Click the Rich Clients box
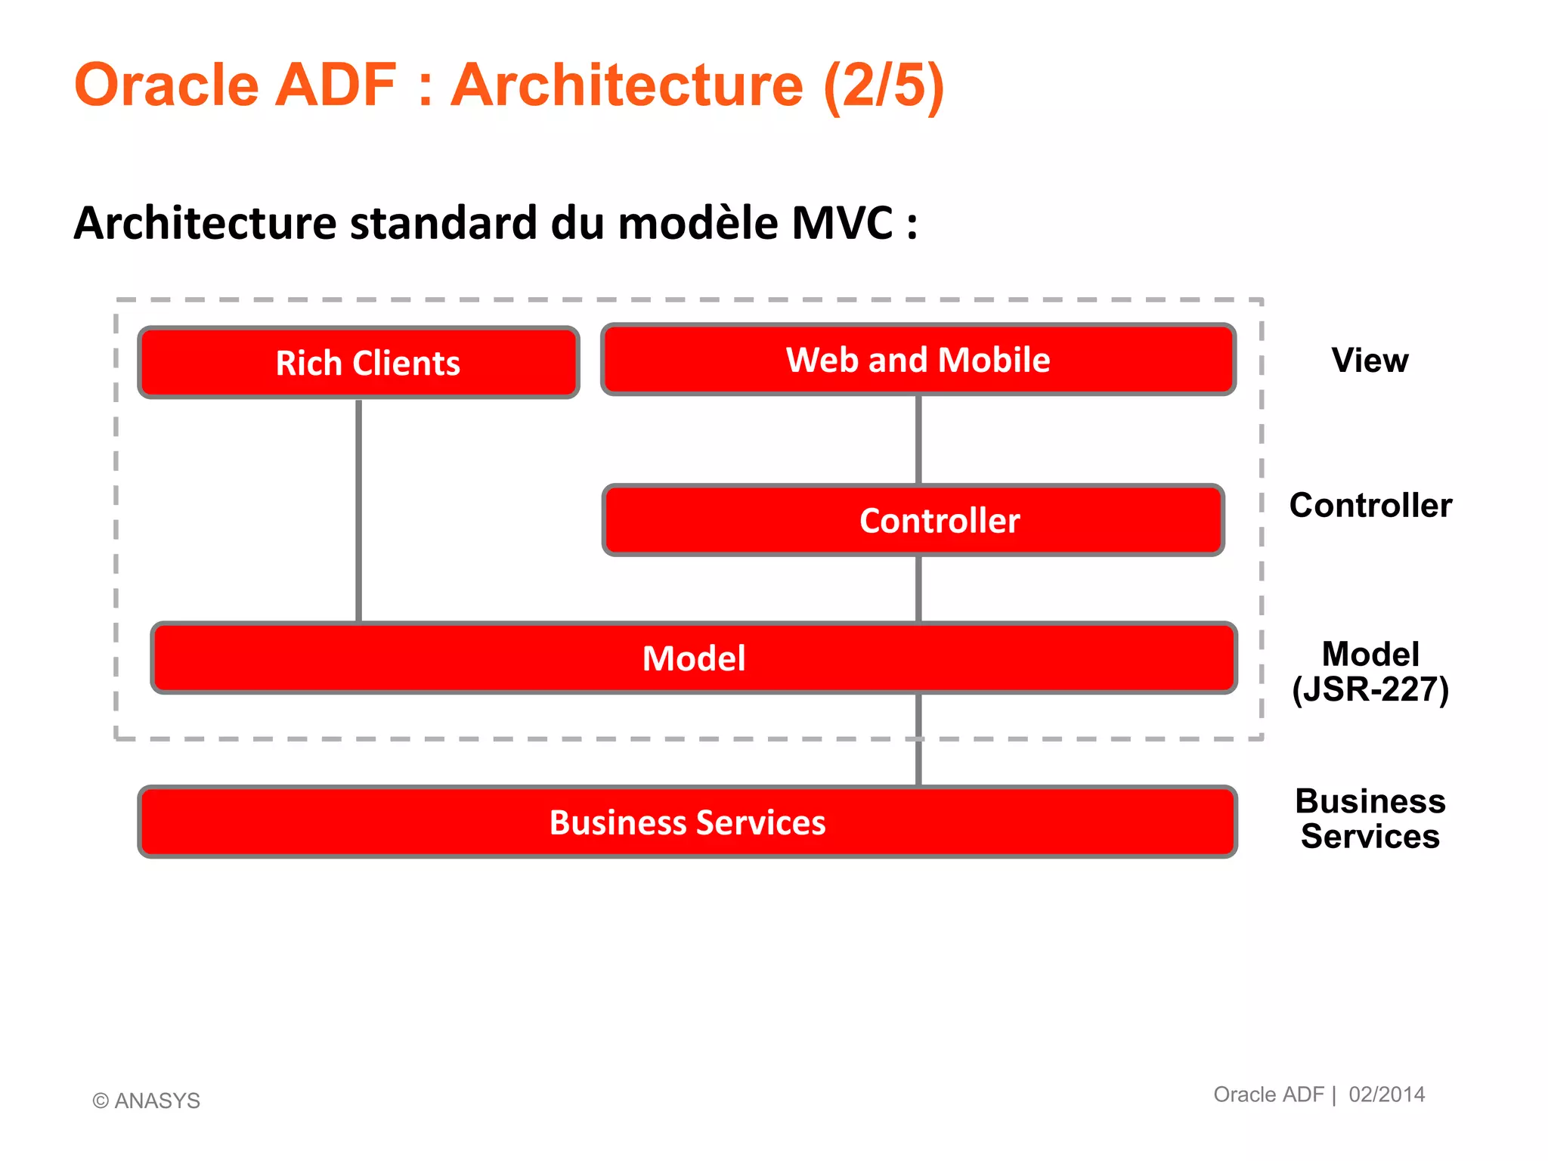click(x=358, y=363)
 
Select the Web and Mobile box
click(x=918, y=360)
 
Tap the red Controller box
click(x=913, y=521)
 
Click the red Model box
click(x=694, y=658)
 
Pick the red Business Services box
click(x=687, y=822)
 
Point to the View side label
click(x=1370, y=361)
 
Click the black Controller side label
click(x=1370, y=505)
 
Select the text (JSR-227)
click(x=1370, y=690)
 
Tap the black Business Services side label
click(x=1370, y=819)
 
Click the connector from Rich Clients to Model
click(x=358, y=510)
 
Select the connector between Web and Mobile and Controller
click(x=918, y=440)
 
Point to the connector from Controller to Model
click(x=918, y=590)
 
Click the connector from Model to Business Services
click(x=918, y=741)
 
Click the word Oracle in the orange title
click(x=166, y=85)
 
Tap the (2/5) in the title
click(x=884, y=85)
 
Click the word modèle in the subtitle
click(x=698, y=224)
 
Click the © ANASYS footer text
click(x=147, y=1101)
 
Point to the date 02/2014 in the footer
click(x=1386, y=1094)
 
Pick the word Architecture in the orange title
click(x=627, y=85)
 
